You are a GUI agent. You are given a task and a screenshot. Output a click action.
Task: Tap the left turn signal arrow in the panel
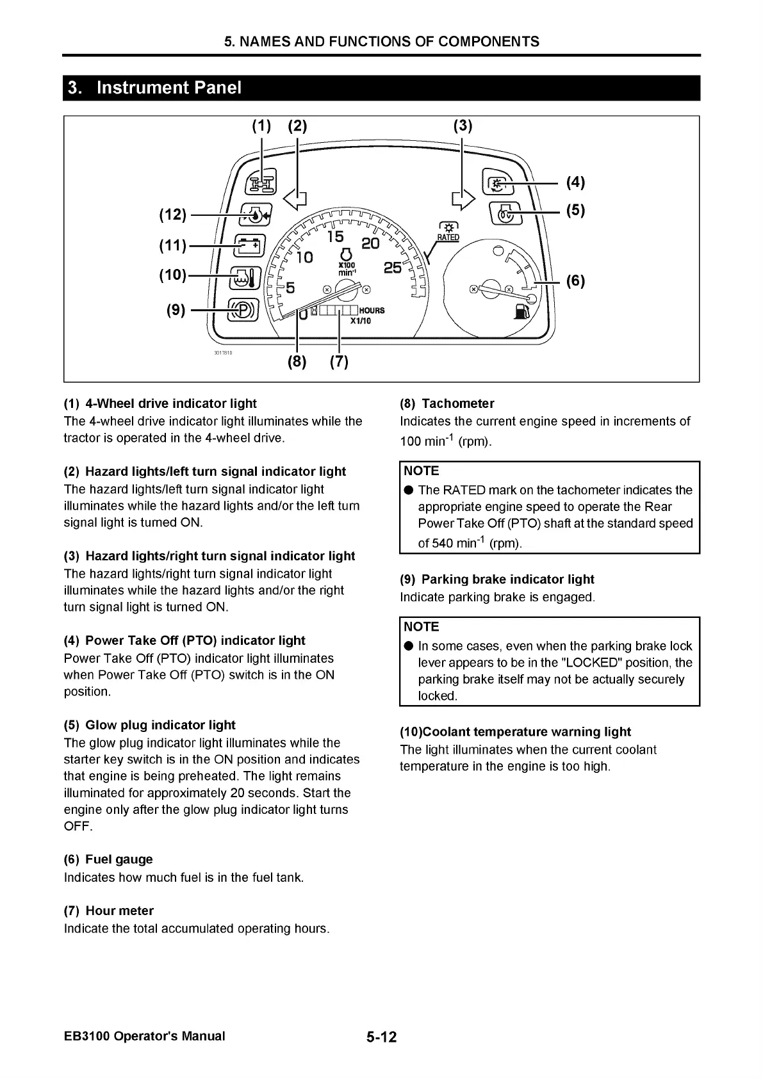click(x=295, y=200)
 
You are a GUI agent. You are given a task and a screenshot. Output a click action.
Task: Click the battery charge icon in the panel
click(x=249, y=245)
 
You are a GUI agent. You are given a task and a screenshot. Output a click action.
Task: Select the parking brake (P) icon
click(x=243, y=311)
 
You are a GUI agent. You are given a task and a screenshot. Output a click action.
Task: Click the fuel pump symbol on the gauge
click(x=520, y=311)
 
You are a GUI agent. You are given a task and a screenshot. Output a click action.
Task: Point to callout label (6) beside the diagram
click(x=575, y=280)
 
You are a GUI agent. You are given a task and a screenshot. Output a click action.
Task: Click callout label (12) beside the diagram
click(x=172, y=215)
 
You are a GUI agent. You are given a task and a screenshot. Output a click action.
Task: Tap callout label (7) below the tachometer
click(x=339, y=362)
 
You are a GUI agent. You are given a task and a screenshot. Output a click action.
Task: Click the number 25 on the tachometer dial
click(x=393, y=268)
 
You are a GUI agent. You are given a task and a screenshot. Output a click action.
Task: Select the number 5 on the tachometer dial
click(x=290, y=288)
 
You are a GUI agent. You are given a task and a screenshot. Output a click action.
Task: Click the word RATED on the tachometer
click(x=448, y=238)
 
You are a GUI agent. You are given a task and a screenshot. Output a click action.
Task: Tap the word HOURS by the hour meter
click(x=372, y=311)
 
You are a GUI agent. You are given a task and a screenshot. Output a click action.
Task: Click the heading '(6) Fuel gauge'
click(x=108, y=859)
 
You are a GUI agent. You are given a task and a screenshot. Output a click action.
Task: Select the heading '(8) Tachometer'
click(x=447, y=403)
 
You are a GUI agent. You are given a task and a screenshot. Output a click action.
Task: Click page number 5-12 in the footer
click(x=382, y=1037)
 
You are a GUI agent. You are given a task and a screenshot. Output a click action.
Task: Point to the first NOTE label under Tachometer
click(x=422, y=471)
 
